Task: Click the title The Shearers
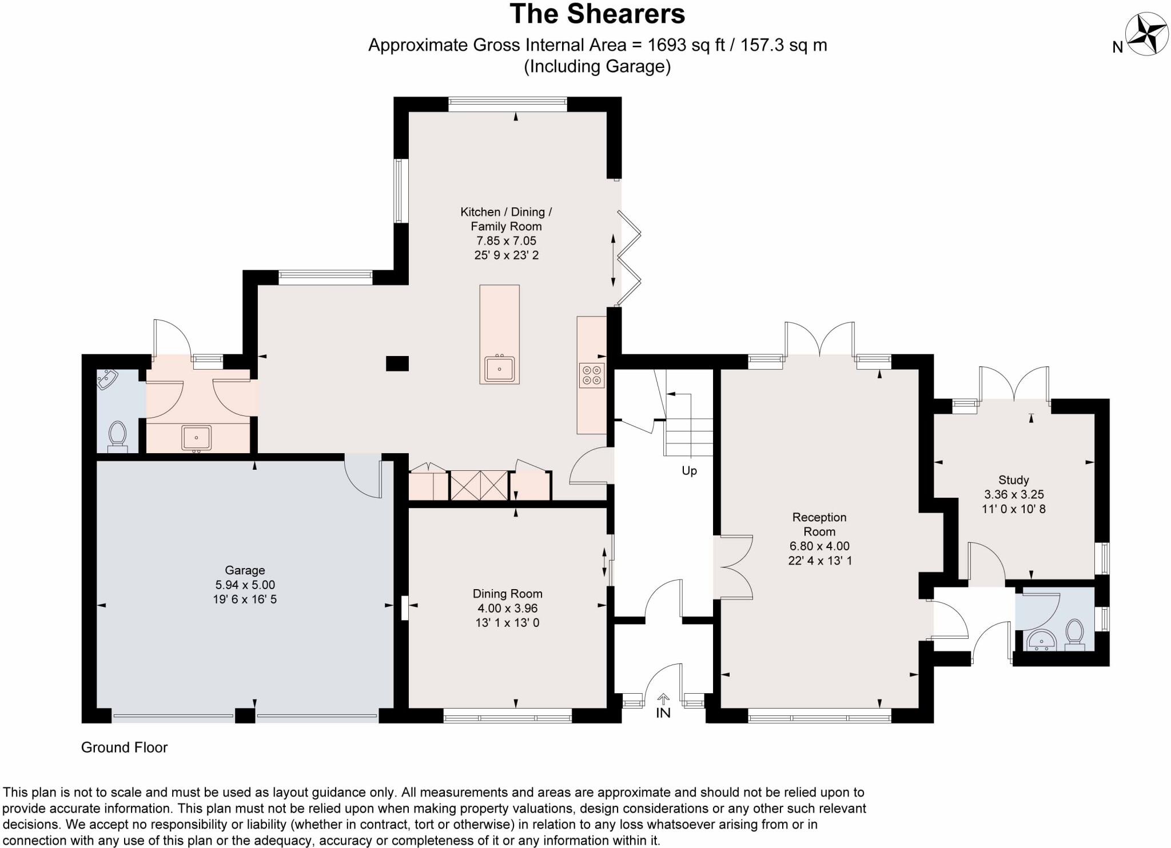point(597,14)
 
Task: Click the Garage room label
point(245,570)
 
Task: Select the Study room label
point(1013,480)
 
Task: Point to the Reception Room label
point(819,524)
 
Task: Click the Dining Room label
point(507,594)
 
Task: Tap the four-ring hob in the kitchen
point(591,375)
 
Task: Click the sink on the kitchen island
point(500,369)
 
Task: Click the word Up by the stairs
point(689,471)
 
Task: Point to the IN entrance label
point(663,713)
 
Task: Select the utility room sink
point(197,438)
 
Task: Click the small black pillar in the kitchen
point(397,363)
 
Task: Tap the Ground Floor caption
point(124,747)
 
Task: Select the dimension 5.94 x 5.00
point(245,585)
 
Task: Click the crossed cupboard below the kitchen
point(479,485)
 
